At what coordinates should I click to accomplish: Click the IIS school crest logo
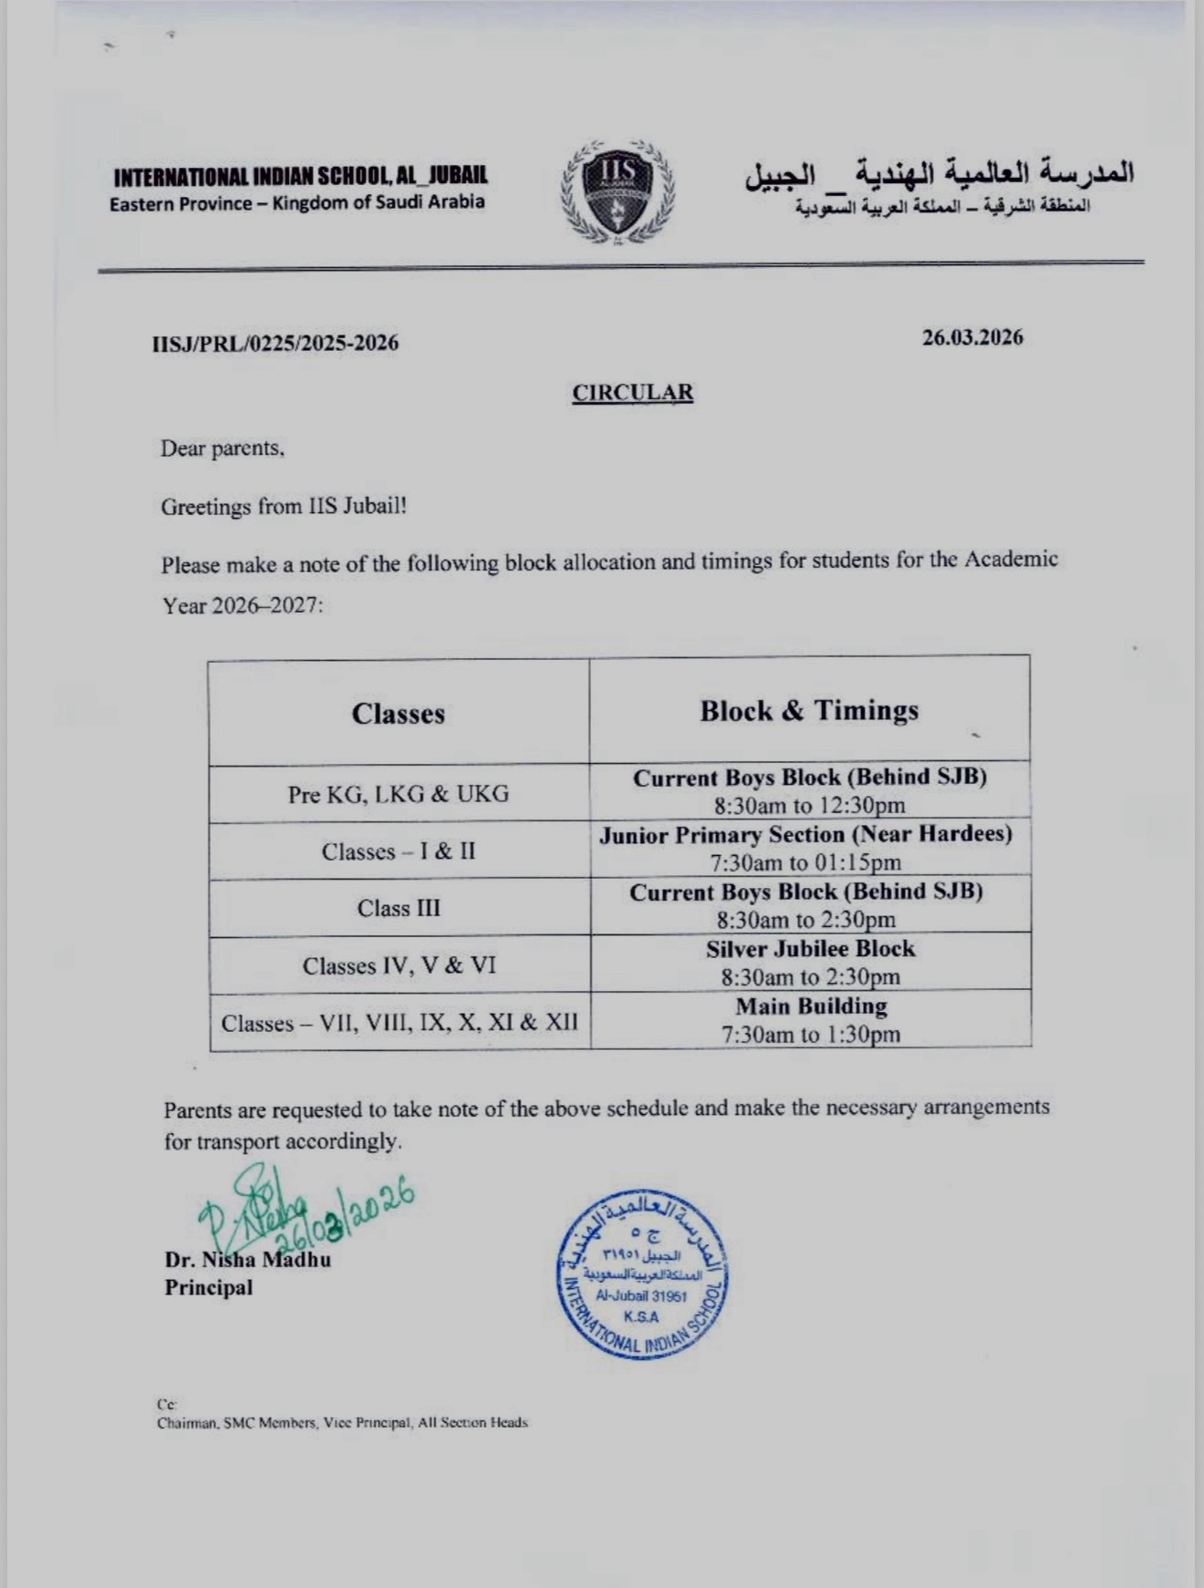[x=618, y=191]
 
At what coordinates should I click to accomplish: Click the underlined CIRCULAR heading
[x=632, y=392]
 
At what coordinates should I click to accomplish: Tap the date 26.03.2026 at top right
[x=972, y=337]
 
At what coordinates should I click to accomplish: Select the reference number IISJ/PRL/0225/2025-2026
[x=275, y=344]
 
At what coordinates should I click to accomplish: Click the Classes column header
[x=399, y=713]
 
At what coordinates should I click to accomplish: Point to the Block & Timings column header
[x=809, y=711]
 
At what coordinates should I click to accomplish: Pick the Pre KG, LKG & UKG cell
[x=399, y=794]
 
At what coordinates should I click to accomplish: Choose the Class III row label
[x=399, y=908]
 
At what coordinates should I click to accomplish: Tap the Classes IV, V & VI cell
[x=400, y=965]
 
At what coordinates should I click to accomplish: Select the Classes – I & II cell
[x=399, y=851]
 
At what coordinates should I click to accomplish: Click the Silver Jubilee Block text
[x=810, y=949]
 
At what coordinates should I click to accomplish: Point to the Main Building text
[x=811, y=1006]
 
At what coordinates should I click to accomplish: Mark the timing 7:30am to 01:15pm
[x=805, y=862]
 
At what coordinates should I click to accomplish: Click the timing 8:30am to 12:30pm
[x=810, y=806]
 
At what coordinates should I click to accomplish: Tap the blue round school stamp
[x=643, y=1274]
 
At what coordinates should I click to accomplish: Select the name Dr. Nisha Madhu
[x=247, y=1260]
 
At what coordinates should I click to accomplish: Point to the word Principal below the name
[x=208, y=1288]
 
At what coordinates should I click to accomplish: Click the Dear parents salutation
[x=223, y=449]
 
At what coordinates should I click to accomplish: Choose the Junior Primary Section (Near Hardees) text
[x=805, y=835]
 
